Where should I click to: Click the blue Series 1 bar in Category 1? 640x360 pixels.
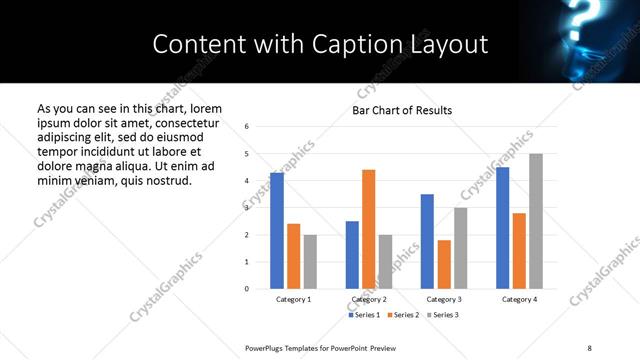pyautogui.click(x=277, y=231)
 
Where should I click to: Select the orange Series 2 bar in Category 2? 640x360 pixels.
pyautogui.click(x=368, y=229)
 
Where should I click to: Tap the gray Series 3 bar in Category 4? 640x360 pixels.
pyautogui.click(x=536, y=221)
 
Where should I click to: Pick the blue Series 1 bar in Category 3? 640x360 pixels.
pyautogui.click(x=427, y=241)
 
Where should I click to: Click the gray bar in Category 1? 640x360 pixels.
pyautogui.click(x=310, y=262)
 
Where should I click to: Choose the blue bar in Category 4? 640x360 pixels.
pyautogui.click(x=502, y=228)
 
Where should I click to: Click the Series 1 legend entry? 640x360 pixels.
pyautogui.click(x=366, y=315)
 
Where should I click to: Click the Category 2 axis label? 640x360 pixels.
pyautogui.click(x=369, y=300)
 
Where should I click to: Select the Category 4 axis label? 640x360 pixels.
pyautogui.click(x=519, y=300)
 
